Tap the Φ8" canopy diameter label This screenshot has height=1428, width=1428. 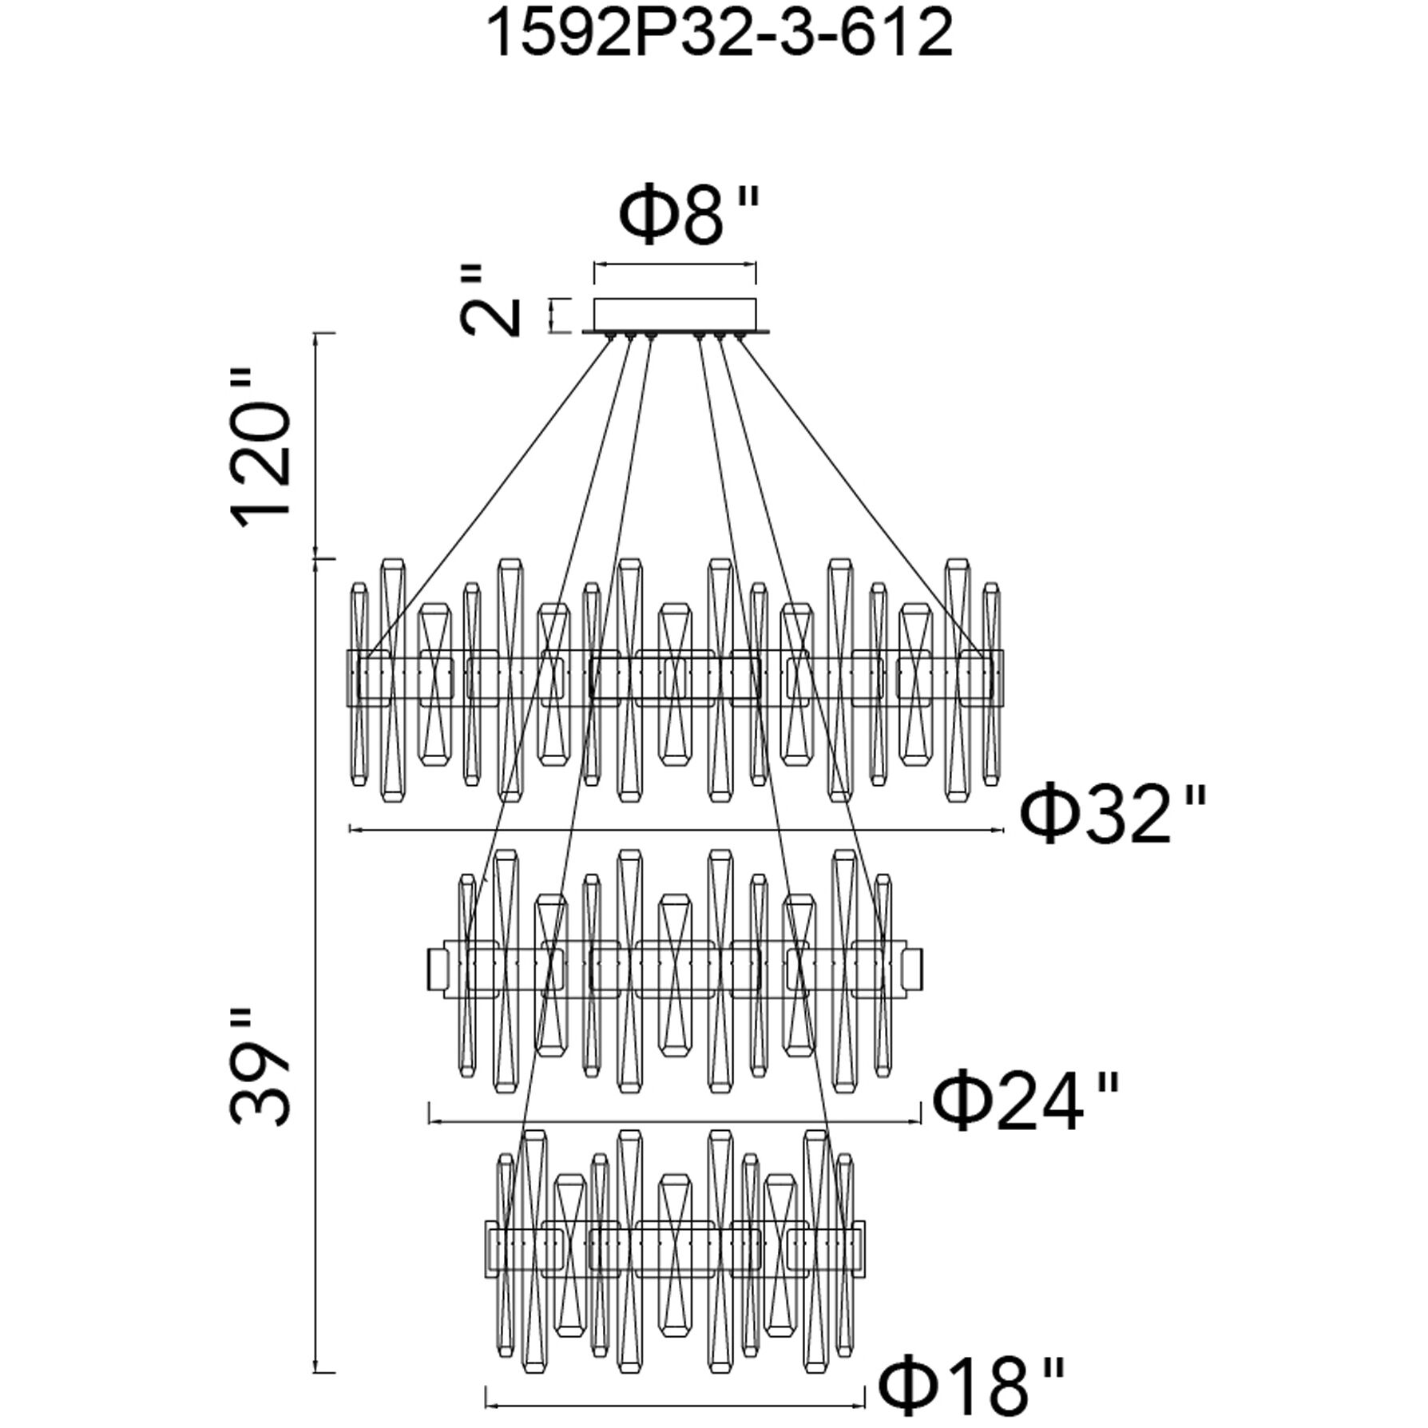[x=688, y=216]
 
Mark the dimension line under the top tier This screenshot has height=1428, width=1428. [x=676, y=831]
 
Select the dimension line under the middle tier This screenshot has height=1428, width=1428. [x=675, y=1121]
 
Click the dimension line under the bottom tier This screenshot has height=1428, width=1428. [x=676, y=1402]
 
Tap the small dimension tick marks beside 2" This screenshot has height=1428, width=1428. [x=551, y=315]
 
